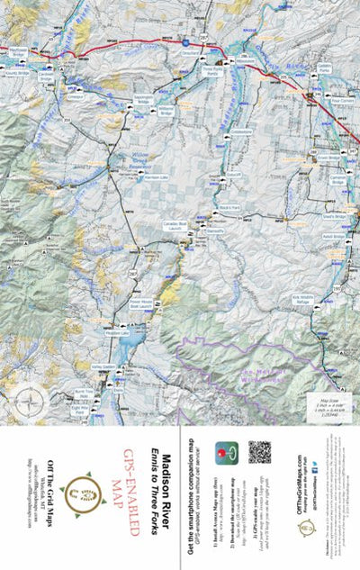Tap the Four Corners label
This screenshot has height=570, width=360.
coord(341,102)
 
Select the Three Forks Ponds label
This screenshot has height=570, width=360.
coord(210,69)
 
